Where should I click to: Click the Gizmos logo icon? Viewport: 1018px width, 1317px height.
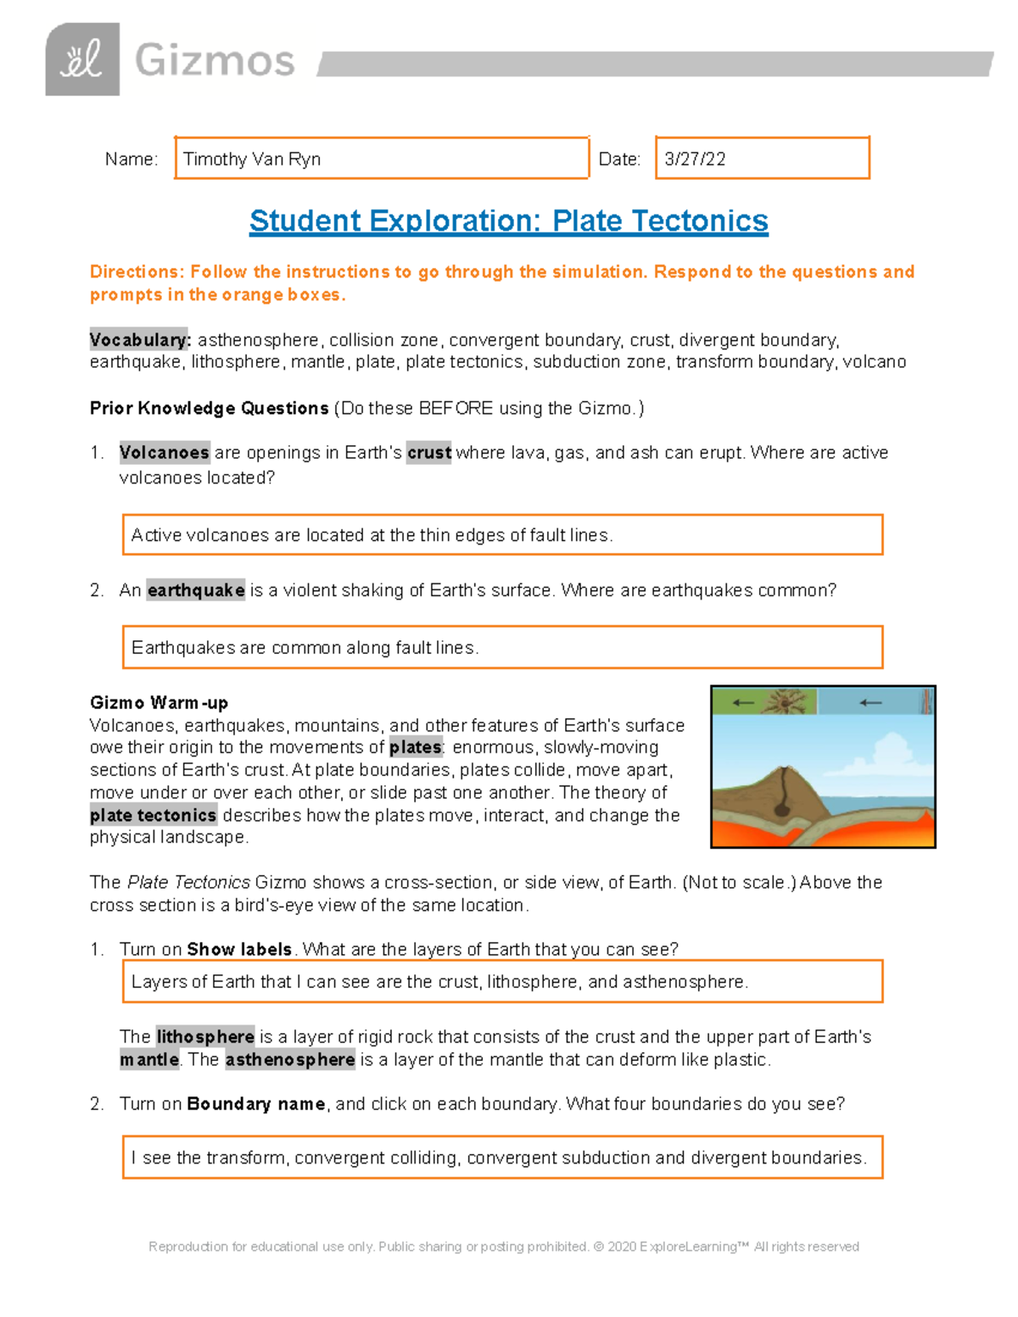[82, 59]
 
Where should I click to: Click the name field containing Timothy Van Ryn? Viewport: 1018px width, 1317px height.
[381, 159]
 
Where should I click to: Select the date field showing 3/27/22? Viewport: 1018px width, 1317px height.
[762, 159]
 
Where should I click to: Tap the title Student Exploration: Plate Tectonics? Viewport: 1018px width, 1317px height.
[508, 221]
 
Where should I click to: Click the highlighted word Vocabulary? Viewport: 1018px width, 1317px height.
[140, 340]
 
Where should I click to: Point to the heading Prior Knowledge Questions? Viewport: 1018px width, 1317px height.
[209, 408]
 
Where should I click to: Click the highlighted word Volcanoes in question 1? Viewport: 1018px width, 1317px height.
[164, 453]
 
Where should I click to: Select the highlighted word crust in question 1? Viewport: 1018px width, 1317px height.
[429, 453]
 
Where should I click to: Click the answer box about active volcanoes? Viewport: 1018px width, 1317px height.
[502, 535]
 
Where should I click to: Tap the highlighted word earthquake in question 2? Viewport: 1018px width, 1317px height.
[196, 590]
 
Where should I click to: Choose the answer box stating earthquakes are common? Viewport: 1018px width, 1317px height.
[502, 648]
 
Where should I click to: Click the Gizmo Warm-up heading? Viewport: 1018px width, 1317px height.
[159, 703]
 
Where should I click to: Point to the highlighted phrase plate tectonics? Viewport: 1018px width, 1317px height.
[154, 816]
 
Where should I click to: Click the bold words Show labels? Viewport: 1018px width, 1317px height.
[239, 950]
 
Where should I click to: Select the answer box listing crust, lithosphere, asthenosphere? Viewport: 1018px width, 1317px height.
[502, 982]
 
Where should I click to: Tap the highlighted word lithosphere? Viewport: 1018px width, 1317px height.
[205, 1037]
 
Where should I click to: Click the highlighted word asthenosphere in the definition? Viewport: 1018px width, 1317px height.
[290, 1060]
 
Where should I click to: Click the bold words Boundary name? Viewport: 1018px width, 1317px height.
[256, 1104]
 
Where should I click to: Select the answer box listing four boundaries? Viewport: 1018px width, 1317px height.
[502, 1158]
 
